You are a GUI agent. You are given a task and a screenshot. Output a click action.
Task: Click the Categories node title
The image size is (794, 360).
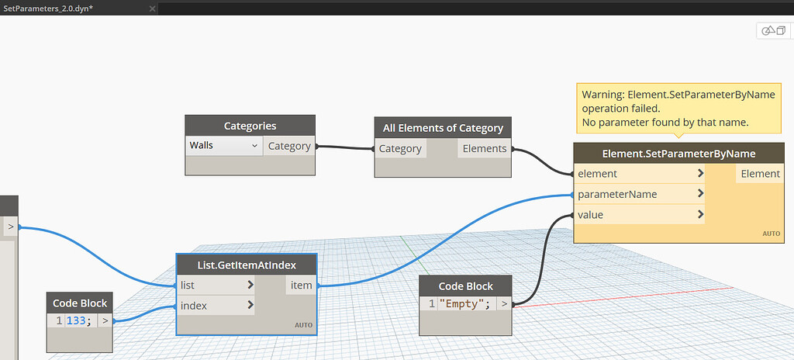(x=250, y=126)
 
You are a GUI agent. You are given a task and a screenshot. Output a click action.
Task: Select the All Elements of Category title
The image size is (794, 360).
(x=443, y=128)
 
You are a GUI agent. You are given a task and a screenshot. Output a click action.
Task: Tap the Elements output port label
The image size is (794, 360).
(x=484, y=148)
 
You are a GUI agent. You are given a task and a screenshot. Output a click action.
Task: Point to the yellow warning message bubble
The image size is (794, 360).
(x=678, y=109)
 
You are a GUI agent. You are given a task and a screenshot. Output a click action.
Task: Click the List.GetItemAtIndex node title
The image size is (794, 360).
(x=247, y=265)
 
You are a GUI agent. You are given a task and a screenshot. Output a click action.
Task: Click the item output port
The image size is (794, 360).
(x=301, y=285)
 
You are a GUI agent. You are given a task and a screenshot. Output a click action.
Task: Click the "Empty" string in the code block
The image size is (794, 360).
(x=464, y=303)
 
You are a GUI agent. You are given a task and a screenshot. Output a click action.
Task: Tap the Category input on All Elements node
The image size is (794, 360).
(x=400, y=148)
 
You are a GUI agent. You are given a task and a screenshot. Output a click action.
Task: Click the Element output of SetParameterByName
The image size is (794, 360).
(x=760, y=174)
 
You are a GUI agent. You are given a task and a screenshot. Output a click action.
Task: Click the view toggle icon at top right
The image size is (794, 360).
(x=774, y=30)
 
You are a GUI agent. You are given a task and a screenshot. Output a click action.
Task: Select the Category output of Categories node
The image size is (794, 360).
(x=288, y=146)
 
